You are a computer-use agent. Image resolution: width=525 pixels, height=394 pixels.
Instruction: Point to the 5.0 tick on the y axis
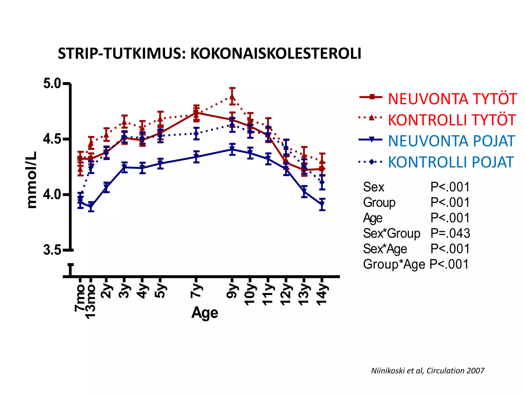tap(52, 84)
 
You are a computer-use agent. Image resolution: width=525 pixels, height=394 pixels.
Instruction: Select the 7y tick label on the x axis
tap(196, 291)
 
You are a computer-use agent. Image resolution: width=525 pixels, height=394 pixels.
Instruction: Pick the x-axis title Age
tap(205, 313)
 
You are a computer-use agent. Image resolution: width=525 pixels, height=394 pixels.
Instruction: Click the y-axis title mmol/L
tap(32, 180)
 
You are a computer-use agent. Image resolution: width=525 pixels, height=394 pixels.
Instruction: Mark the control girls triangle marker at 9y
tap(232, 97)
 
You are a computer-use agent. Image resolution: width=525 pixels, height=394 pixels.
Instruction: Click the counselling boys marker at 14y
tap(322, 204)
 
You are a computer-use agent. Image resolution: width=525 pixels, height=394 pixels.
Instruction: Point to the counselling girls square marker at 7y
tap(196, 112)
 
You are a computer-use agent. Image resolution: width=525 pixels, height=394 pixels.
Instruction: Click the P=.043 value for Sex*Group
tap(450, 233)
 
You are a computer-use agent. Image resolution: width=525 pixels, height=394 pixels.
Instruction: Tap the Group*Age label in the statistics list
tap(394, 264)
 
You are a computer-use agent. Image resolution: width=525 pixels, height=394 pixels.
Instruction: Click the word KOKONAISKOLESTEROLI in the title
tap(276, 54)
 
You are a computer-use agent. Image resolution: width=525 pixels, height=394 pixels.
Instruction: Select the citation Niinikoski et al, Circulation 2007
tap(428, 371)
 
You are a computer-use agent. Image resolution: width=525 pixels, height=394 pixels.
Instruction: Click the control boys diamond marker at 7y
tap(196, 133)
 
